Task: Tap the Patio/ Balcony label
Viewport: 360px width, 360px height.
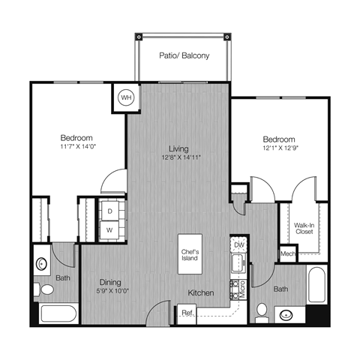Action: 184,55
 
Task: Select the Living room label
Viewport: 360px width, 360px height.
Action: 178,148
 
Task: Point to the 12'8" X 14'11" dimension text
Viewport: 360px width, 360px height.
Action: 178,157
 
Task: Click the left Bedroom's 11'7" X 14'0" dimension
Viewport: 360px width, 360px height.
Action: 77,148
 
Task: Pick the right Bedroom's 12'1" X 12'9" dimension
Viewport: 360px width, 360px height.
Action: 279,149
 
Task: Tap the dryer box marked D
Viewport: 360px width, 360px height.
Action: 109,211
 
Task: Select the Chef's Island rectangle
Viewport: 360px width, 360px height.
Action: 189,254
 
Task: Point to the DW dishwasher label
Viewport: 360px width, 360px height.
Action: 239,245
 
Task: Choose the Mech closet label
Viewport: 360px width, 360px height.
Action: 287,255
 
